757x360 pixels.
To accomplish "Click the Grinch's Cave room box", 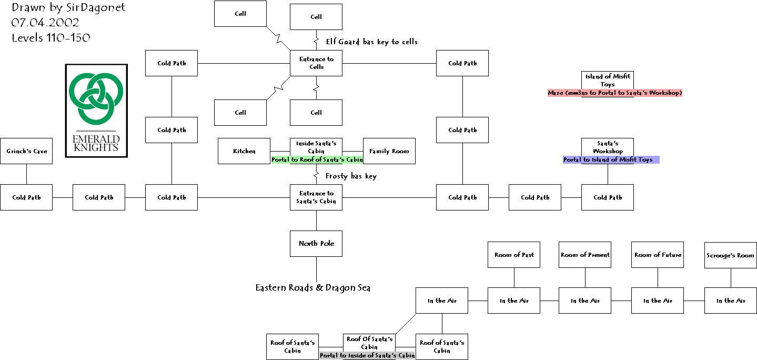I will pos(26,151).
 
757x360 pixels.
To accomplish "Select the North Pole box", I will pos(316,244).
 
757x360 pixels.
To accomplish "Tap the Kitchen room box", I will pos(244,151).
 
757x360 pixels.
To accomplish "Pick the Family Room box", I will pos(389,151).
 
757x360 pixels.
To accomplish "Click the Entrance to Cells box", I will pos(316,63).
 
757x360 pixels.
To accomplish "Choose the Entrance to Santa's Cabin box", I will pos(316,197).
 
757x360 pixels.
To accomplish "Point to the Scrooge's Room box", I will pos(730,255).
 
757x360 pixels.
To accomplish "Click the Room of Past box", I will pos(514,255).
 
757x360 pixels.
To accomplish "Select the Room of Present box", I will pos(585,255).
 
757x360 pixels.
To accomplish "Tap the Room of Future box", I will pos(658,255).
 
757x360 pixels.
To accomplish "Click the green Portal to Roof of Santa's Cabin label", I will pos(317,159).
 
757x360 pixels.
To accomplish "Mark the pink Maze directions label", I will pos(615,93).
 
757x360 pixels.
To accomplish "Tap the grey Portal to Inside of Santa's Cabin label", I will pos(367,355).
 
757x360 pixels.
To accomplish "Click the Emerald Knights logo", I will pos(96,111).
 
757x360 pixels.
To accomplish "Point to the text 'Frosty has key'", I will pos(351,176).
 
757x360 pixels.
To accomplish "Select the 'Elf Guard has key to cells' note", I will pos(371,42).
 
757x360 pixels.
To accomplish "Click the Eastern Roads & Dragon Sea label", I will pos(313,287).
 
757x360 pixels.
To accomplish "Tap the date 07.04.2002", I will pos(45,23).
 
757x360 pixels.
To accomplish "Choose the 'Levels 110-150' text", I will pos(51,37).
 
